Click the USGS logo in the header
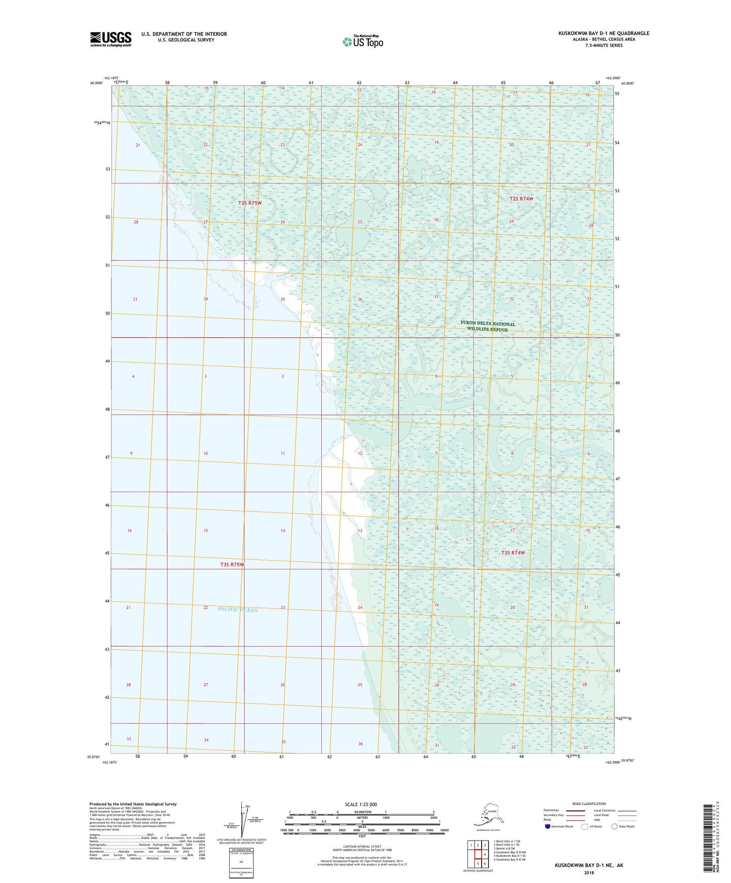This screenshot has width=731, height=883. [x=110, y=39]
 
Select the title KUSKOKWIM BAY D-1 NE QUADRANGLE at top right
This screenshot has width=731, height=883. [x=604, y=33]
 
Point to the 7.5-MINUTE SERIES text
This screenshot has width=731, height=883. [x=604, y=46]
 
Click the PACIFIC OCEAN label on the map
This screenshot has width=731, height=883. [x=238, y=609]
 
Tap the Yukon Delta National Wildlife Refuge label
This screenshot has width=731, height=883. [x=487, y=326]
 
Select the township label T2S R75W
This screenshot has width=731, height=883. [x=250, y=203]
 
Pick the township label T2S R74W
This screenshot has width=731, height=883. [x=521, y=199]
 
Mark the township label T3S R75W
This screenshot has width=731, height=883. [x=232, y=564]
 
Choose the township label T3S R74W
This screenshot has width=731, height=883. [x=513, y=553]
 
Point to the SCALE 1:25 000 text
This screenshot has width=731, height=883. [x=361, y=805]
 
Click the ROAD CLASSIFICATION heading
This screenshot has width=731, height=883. [x=588, y=804]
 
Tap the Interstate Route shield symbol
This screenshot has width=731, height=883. [x=548, y=826]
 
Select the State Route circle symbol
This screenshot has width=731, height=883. [x=615, y=826]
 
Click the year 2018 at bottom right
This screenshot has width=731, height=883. [x=588, y=872]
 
